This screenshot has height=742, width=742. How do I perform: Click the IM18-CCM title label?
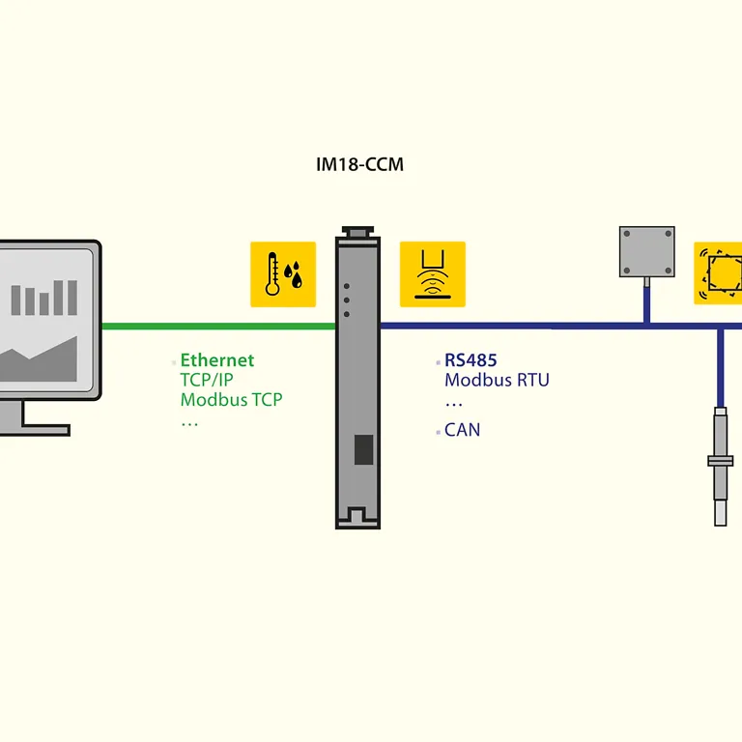tap(359, 164)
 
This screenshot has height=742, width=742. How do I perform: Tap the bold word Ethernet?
tap(217, 360)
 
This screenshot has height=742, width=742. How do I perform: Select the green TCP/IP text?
tap(207, 380)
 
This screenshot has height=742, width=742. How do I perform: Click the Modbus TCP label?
tap(232, 399)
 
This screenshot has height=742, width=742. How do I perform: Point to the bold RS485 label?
tap(471, 360)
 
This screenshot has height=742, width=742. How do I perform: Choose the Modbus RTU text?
tap(497, 380)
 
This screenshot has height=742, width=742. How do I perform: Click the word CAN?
tap(463, 430)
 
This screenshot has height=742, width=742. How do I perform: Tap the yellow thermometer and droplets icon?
tap(283, 274)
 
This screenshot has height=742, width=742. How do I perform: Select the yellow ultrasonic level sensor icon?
tap(433, 274)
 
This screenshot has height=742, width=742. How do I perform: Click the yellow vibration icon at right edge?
tap(718, 273)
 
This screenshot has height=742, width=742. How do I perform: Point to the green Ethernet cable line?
tap(218, 326)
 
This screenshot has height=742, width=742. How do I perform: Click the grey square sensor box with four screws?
tap(647, 252)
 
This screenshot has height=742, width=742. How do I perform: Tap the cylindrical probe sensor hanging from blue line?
tap(720, 466)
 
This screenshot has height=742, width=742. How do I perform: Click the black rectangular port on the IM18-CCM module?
tap(363, 449)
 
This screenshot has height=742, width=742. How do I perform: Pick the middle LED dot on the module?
tap(347, 300)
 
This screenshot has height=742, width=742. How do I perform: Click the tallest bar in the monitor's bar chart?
tap(72, 298)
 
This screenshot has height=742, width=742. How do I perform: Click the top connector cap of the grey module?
tap(357, 232)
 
